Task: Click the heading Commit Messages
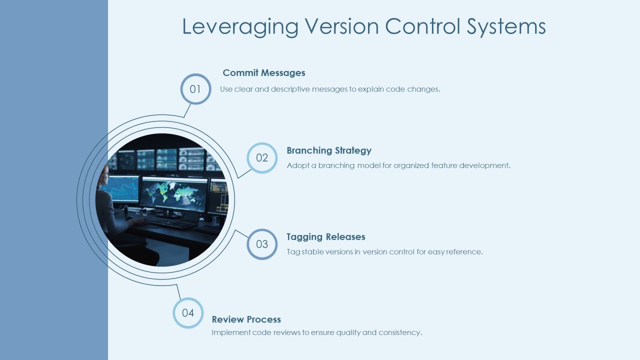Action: click(264, 73)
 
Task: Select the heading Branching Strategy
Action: click(329, 150)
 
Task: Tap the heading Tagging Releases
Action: click(325, 237)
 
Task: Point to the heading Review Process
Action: click(246, 319)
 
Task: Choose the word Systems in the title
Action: click(506, 27)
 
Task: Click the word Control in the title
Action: click(422, 26)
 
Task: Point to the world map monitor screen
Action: click(174, 194)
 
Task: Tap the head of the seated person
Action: click(105, 175)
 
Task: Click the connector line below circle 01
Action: click(187, 110)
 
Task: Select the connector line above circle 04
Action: click(178, 291)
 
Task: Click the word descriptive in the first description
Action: click(290, 89)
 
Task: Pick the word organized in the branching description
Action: click(411, 165)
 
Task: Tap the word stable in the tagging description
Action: click(312, 251)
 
